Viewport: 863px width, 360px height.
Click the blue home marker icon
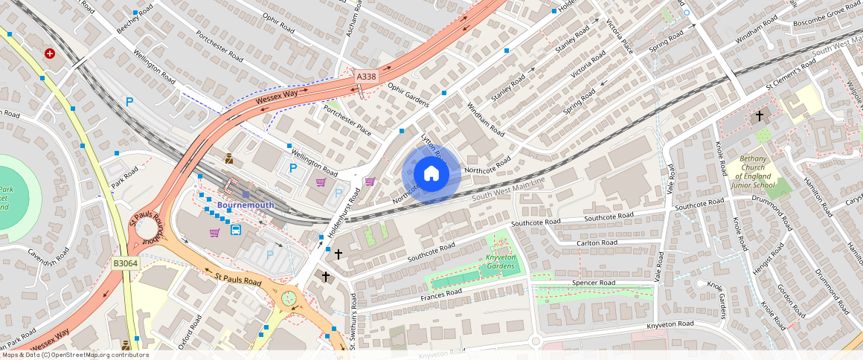click(x=431, y=173)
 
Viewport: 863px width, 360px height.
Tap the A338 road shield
click(x=366, y=76)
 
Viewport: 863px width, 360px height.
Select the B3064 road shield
click(x=124, y=264)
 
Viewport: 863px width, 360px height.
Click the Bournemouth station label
click(x=246, y=205)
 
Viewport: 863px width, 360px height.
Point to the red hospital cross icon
click(x=50, y=54)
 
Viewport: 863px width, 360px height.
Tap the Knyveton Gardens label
click(x=501, y=262)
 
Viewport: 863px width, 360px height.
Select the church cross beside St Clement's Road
click(x=760, y=116)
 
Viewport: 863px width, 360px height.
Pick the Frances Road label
click(x=441, y=295)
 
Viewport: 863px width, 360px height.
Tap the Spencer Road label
click(x=593, y=283)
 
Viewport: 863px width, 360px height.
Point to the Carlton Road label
click(x=597, y=243)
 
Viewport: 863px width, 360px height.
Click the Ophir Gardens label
click(x=408, y=94)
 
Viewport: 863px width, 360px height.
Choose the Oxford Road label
click(x=190, y=332)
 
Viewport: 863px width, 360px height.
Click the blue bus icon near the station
click(x=236, y=230)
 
